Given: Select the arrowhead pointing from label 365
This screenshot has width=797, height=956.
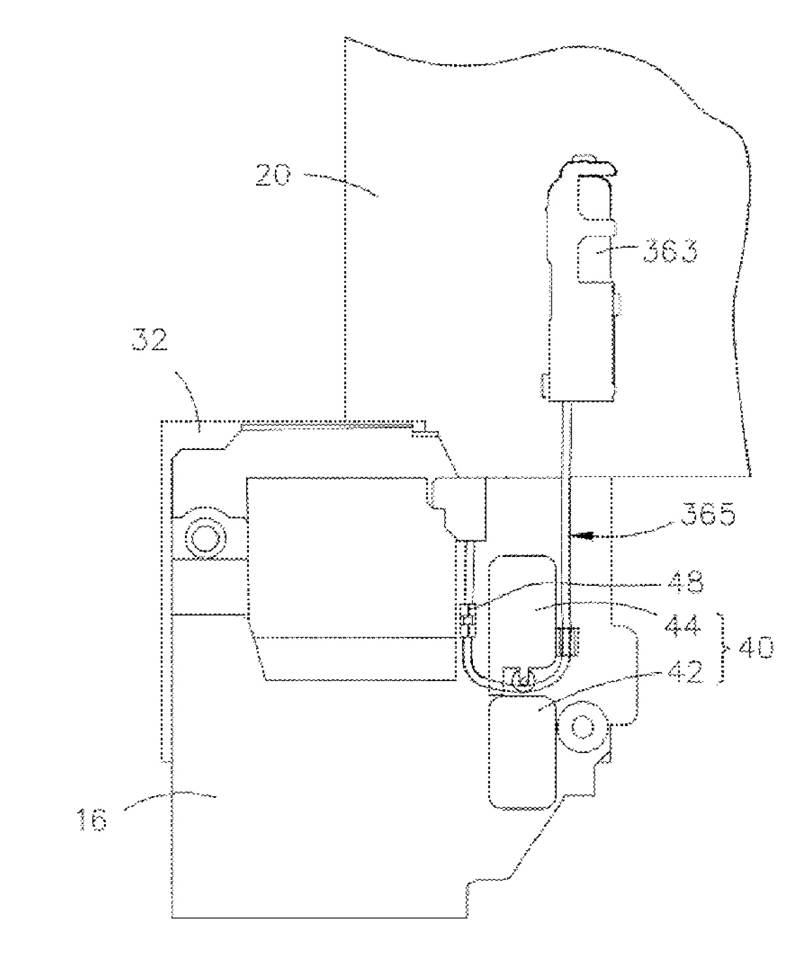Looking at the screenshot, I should tap(585, 535).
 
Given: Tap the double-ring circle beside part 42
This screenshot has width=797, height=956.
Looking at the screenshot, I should tap(581, 725).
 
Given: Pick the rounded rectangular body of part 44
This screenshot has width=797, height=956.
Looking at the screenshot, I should tap(523, 607).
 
